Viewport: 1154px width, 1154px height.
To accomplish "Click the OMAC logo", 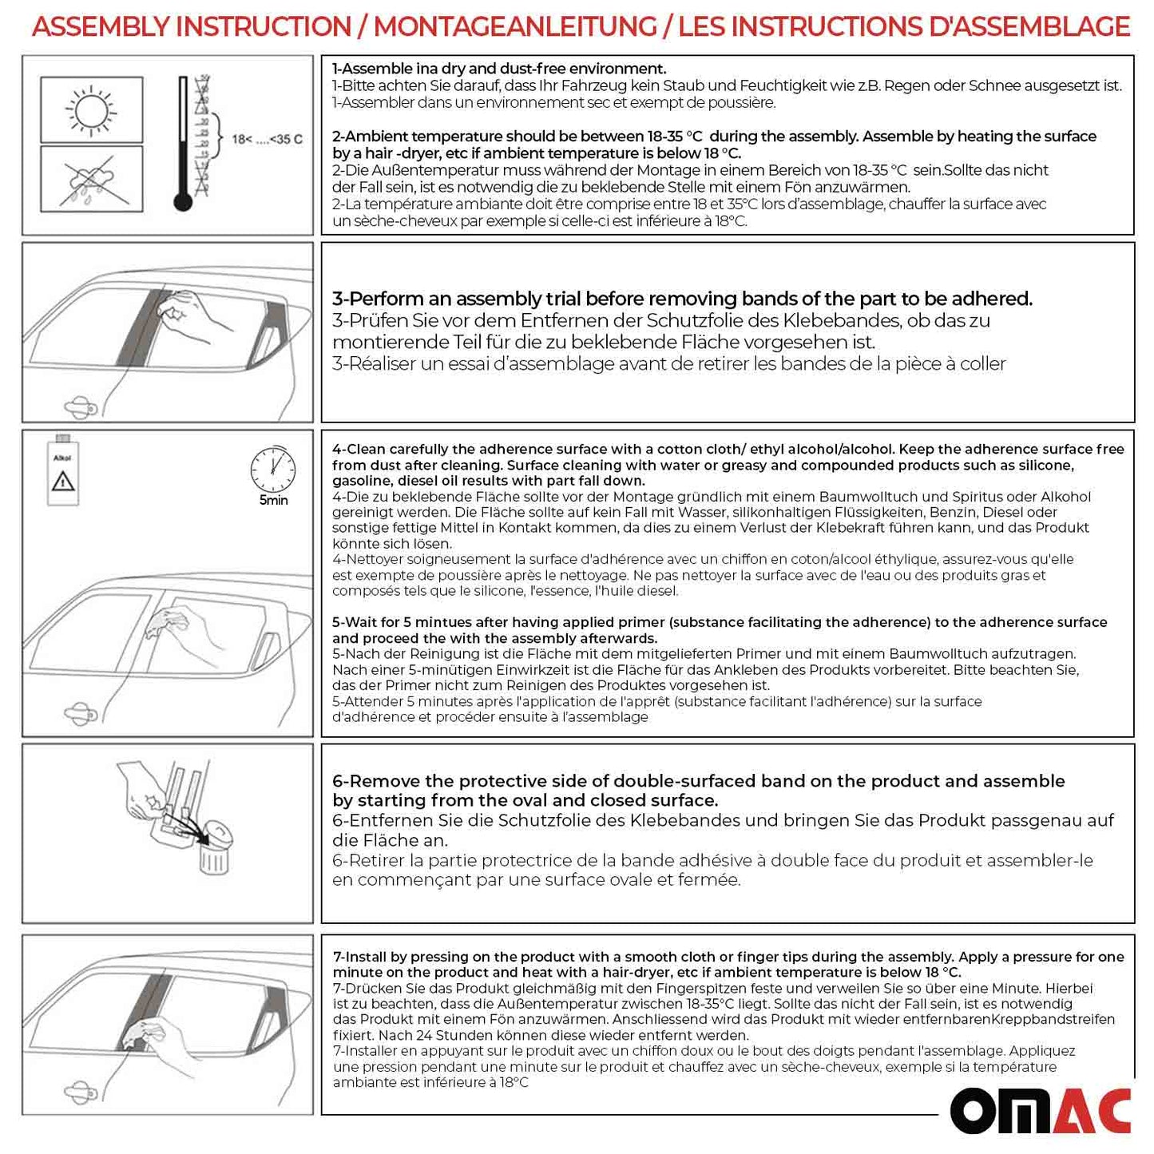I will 1040,1110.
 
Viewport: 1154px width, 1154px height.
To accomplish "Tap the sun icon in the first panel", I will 91,109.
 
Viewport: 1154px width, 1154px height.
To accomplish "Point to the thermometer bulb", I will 183,201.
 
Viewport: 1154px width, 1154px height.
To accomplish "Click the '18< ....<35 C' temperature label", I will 267,139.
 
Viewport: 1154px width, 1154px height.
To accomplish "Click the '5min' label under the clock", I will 273,501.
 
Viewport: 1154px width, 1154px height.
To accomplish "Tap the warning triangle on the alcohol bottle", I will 63,482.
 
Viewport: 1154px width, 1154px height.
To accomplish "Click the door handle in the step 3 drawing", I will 81,407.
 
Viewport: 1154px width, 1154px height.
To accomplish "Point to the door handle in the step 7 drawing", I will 81,1092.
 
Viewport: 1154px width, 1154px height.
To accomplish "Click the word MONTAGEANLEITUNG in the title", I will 515,26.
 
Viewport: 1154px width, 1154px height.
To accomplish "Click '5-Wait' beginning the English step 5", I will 358,622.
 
